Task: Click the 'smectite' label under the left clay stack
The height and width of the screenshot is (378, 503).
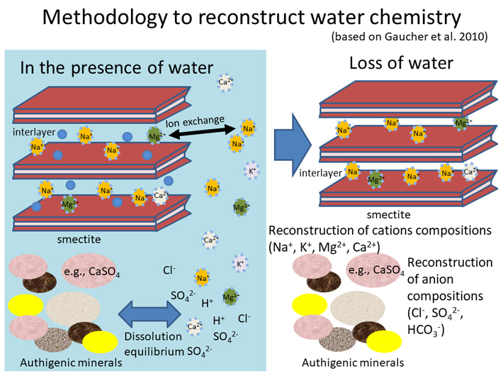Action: [79, 239]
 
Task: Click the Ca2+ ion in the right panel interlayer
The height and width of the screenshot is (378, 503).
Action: [470, 172]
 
